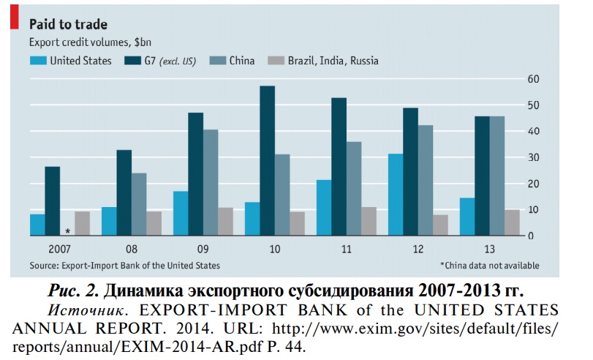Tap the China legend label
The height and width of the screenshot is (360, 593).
241,61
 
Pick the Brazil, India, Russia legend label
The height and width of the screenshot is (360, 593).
333,61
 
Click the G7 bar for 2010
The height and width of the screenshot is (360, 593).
268,161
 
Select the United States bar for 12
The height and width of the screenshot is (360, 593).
395,195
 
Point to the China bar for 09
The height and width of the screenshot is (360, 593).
211,182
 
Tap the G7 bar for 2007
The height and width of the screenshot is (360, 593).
52,201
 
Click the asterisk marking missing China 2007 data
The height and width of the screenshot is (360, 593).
67,230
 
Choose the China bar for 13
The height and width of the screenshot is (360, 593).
496,176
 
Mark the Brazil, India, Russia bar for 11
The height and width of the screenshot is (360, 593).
369,221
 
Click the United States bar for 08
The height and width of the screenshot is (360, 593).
109,221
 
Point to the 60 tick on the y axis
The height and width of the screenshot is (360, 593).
534,79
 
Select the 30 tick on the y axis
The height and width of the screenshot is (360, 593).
534,158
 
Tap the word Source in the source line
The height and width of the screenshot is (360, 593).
43,265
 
